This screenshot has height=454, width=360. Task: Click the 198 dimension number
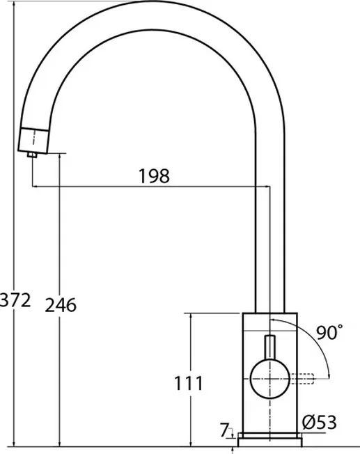[154, 176]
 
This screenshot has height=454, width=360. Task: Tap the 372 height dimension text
[15, 300]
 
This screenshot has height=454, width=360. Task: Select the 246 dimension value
[61, 305]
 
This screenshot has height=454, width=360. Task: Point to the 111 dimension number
[189, 384]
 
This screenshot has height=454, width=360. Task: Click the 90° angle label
[329, 332]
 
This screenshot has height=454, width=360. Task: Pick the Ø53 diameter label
[320, 422]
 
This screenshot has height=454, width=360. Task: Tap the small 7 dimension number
[224, 430]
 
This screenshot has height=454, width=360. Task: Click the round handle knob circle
[270, 379]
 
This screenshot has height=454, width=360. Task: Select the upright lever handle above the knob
[270, 348]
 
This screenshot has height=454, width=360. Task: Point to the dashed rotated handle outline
[302, 379]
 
